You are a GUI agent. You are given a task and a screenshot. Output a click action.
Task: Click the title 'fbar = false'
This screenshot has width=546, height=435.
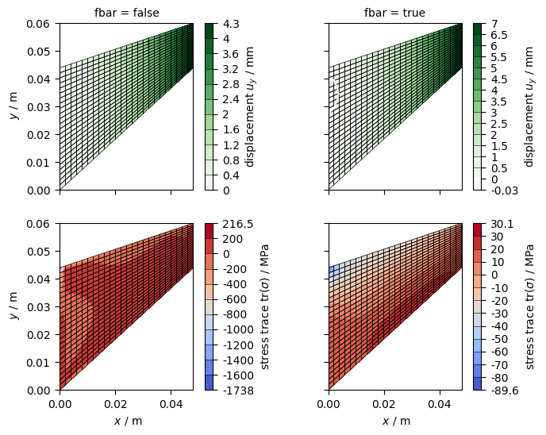(x=127, y=13)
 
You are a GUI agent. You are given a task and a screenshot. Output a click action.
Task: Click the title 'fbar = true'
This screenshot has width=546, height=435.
(x=395, y=13)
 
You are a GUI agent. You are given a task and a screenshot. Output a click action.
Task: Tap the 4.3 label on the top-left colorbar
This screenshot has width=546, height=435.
(x=231, y=24)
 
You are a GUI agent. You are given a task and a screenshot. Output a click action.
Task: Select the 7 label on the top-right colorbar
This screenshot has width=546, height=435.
(x=494, y=24)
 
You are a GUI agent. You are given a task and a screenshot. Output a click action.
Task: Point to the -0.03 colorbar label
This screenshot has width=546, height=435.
(x=505, y=191)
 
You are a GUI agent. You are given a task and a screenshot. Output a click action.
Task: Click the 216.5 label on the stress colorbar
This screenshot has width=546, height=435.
(x=238, y=224)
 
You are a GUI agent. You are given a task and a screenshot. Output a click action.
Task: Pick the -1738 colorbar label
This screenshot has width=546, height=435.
(x=238, y=391)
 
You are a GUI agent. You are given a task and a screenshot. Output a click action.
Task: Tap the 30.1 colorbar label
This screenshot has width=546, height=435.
(x=502, y=224)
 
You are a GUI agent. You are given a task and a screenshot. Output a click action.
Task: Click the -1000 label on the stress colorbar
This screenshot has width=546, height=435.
(x=238, y=329)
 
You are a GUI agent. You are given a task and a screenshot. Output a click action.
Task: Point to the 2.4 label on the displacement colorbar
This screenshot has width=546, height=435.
(x=231, y=99)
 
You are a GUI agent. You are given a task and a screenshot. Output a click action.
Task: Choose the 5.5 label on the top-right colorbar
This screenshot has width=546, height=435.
(x=499, y=57)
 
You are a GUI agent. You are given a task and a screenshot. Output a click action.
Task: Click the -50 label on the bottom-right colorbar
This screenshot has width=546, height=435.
(x=500, y=339)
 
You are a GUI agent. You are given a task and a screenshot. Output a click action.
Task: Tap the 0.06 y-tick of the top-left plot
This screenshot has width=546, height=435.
(x=38, y=24)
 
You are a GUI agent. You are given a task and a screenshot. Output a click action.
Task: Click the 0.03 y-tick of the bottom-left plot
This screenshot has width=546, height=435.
(x=38, y=307)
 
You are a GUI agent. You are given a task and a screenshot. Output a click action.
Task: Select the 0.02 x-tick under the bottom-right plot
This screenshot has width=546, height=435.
(x=384, y=404)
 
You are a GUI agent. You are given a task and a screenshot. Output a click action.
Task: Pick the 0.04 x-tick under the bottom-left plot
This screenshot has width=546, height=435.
(x=171, y=404)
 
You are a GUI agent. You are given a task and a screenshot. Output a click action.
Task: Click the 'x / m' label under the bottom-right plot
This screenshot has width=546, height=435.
(x=396, y=421)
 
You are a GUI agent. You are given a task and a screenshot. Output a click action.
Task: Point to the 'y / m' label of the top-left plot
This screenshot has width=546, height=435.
(x=14, y=106)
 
